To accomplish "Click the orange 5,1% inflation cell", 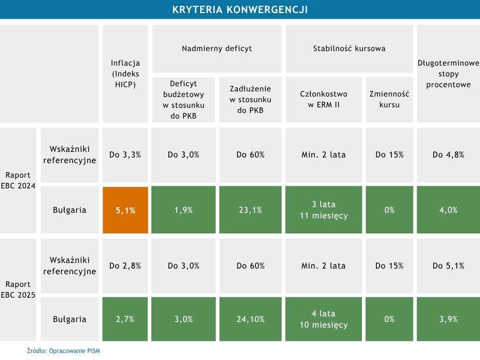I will tap(125, 210).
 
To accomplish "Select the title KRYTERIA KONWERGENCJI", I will tap(240, 10).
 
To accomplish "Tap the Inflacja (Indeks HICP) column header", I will tap(125, 74).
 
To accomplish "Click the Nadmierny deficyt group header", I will tap(217, 48).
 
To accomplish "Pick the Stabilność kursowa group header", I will tap(349, 48).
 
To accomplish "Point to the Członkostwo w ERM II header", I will tap(323, 99).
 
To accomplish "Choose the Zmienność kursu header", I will tap(390, 99).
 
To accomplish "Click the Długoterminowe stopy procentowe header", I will tap(448, 74).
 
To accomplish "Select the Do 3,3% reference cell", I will tap(125, 155).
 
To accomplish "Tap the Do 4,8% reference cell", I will tap(448, 155).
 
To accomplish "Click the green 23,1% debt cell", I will tap(250, 210).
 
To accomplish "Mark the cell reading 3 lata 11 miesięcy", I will tap(323, 210).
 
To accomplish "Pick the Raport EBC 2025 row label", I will tap(18, 290).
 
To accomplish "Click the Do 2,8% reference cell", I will tap(125, 266).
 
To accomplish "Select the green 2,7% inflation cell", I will tap(125, 319).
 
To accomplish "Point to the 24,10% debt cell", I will tap(250, 319).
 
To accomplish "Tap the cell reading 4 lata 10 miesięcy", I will tap(323, 319).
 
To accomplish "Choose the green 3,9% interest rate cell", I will tap(448, 319).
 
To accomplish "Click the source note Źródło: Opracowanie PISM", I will tap(63, 351).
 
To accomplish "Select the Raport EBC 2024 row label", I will tap(18, 180).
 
